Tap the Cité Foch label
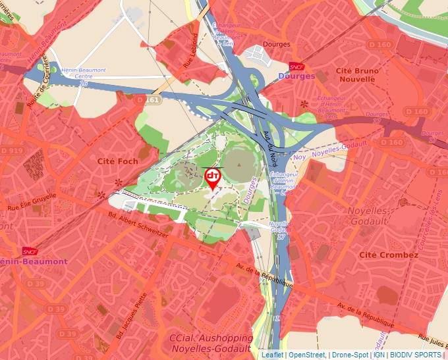click(117, 161)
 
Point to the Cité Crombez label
click(389, 255)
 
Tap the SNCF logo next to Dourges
click(296, 66)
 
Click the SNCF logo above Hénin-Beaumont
click(29, 251)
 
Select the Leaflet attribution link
click(272, 355)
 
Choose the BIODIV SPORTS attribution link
click(416, 355)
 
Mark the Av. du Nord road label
click(269, 148)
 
